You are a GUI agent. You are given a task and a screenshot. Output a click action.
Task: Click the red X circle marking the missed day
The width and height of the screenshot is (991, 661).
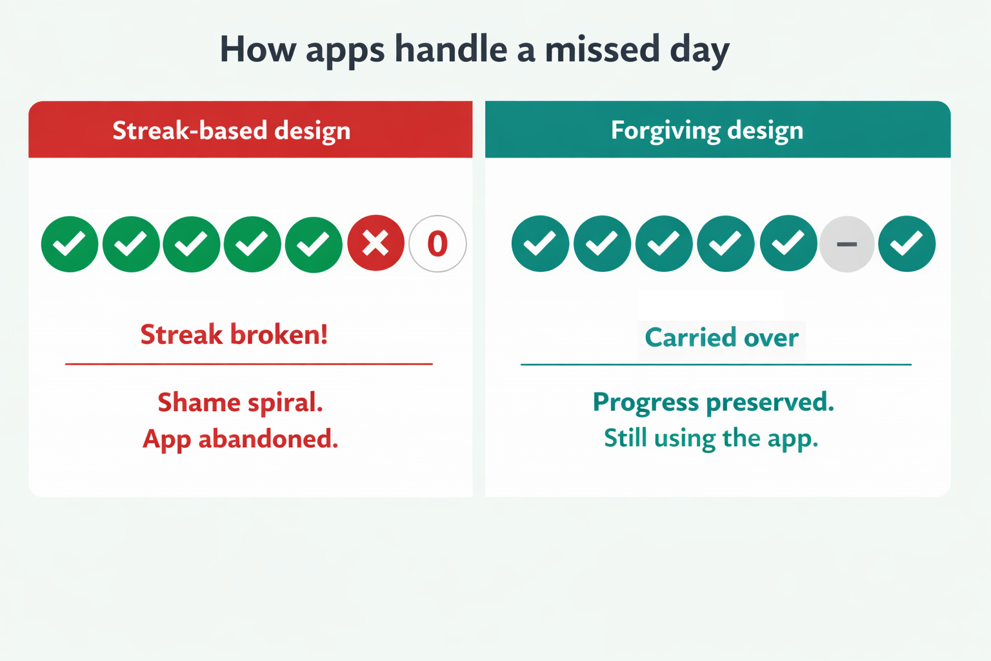pos(375,243)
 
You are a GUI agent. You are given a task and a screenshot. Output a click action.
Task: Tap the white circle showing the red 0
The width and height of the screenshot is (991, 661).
pos(437,243)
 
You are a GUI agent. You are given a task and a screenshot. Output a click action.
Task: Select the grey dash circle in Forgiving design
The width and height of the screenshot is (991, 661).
pos(846,244)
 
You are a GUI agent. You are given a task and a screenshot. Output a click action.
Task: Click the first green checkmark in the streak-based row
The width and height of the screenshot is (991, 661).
pos(70,244)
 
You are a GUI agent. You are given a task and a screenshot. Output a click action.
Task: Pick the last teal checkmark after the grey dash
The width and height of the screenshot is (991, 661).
pos(906,243)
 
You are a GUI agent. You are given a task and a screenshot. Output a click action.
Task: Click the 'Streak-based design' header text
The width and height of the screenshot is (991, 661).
pos(232,130)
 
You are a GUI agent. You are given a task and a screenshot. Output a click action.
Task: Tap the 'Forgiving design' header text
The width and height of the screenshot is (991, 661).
pos(707,130)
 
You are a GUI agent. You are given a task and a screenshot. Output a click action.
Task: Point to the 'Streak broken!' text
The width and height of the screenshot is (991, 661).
pos(234,334)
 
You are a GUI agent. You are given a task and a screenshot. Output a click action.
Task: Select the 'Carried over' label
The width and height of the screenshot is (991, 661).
pos(721,338)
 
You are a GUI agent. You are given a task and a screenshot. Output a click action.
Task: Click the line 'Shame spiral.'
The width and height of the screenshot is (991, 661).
pos(240,403)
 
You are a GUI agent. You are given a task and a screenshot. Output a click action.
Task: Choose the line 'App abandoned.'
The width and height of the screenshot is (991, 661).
pos(240,439)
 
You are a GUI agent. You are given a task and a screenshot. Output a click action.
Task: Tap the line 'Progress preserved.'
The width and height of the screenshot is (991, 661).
pos(713,402)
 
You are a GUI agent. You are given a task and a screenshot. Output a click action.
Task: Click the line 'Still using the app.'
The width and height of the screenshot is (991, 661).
pos(711,438)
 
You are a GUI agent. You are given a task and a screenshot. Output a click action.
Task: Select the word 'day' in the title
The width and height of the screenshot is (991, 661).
pos(699,50)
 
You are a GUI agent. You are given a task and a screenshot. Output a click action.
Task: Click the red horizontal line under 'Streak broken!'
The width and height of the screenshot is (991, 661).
pos(248,364)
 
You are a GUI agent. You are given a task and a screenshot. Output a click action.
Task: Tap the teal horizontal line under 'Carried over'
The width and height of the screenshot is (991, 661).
pos(716,365)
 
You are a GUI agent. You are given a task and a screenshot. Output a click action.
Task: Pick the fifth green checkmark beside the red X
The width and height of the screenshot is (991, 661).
pos(314,244)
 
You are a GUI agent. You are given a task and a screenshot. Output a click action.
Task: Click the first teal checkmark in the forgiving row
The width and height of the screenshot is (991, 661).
pos(540,243)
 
